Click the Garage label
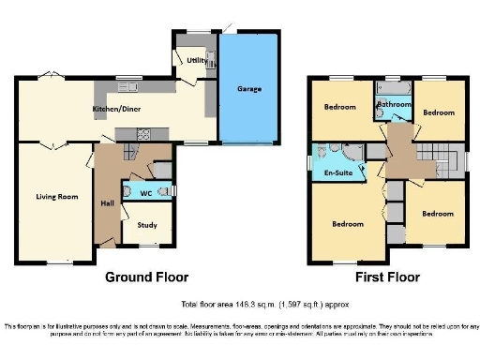point(248,89)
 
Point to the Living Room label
point(56,197)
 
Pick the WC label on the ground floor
point(146,193)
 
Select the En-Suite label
point(337,173)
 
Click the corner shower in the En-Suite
point(325,152)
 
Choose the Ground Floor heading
point(146,277)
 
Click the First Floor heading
point(387,277)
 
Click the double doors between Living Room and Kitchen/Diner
point(56,145)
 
